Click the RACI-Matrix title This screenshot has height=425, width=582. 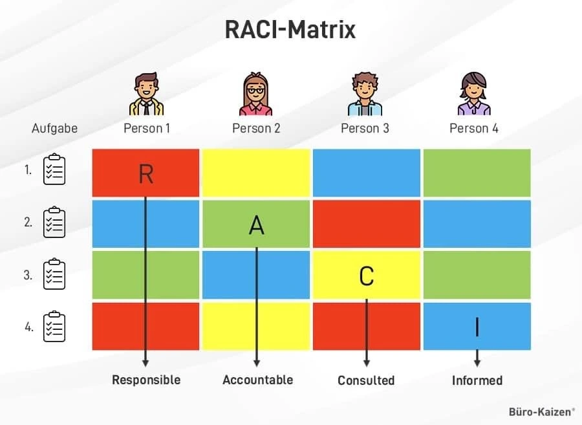[290, 30]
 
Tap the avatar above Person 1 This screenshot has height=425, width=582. [146, 94]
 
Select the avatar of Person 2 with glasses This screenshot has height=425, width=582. [255, 94]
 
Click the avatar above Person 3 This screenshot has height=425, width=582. [365, 94]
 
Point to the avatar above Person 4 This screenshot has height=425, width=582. [474, 94]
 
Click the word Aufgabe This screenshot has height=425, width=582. [54, 129]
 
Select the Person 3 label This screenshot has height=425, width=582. [365, 129]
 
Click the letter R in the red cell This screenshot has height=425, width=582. [146, 174]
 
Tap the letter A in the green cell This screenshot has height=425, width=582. [257, 225]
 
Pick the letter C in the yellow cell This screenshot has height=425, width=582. [367, 276]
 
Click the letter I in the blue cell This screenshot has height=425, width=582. [477, 327]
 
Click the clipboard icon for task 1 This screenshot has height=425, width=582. [54, 169]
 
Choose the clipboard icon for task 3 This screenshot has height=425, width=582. [54, 274]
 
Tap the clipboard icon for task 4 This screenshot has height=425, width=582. [54, 326]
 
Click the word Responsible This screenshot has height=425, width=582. [146, 380]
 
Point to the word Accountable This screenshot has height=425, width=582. [258, 380]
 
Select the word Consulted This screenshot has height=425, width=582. [366, 380]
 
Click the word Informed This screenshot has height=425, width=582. [477, 380]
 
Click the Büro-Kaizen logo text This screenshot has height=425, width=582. [541, 412]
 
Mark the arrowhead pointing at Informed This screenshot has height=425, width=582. [477, 363]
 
